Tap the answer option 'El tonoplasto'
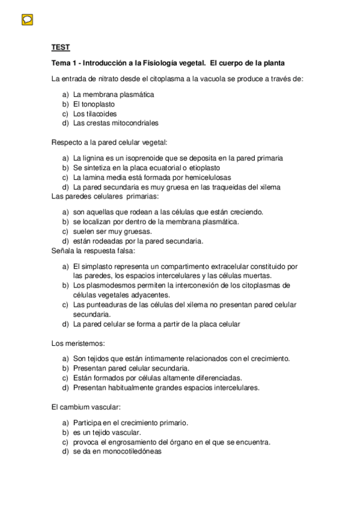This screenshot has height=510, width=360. coord(94,104)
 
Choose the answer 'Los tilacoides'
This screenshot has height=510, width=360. coord(95,114)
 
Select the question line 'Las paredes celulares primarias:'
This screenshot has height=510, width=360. coord(105,196)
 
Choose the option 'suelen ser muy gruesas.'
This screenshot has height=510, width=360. coord(112,232)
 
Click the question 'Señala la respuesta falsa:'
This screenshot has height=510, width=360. coord(94,250)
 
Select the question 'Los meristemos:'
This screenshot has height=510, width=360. coord(79,344)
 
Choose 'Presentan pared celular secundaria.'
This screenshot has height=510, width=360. coord(131,368)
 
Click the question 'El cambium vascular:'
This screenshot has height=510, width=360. coord(87,407)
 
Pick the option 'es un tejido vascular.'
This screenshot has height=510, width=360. coord(107,432)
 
